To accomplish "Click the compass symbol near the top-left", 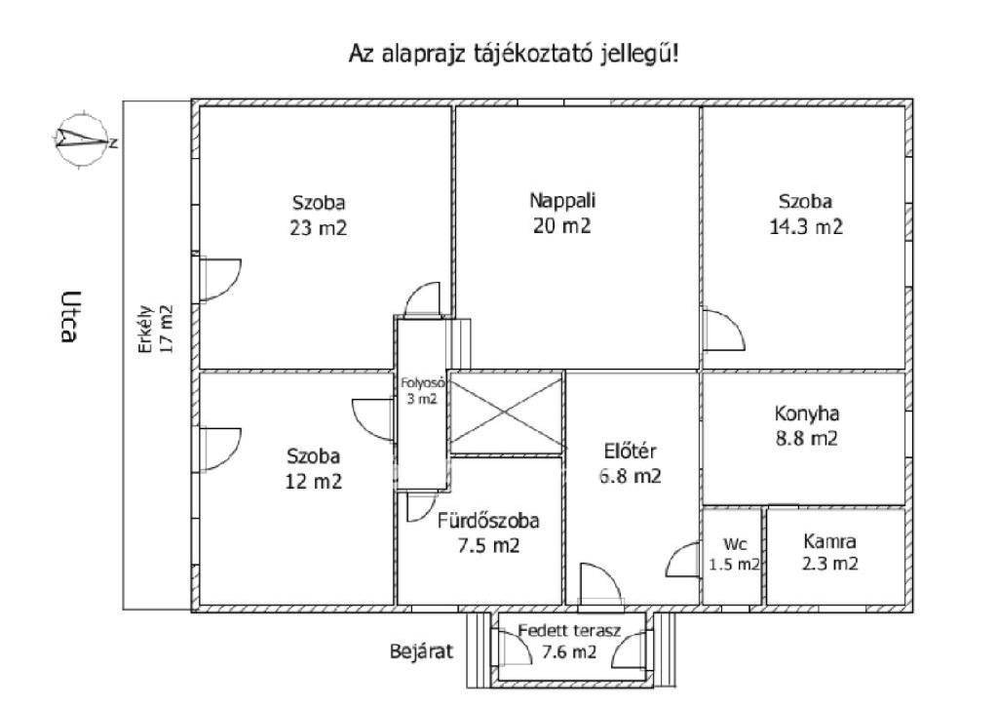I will (81, 140).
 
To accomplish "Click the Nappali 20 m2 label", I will (562, 213).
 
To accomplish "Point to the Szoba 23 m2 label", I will (319, 216).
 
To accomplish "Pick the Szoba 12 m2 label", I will (314, 467).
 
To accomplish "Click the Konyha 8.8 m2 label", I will (806, 425).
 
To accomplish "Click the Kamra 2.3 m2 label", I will (830, 551).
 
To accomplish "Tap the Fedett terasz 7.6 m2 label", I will (569, 642).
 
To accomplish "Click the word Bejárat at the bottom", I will (422, 651).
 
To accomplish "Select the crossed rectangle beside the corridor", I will (505, 413).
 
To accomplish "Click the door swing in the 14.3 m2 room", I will (722, 331).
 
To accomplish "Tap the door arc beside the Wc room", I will (682, 563).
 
